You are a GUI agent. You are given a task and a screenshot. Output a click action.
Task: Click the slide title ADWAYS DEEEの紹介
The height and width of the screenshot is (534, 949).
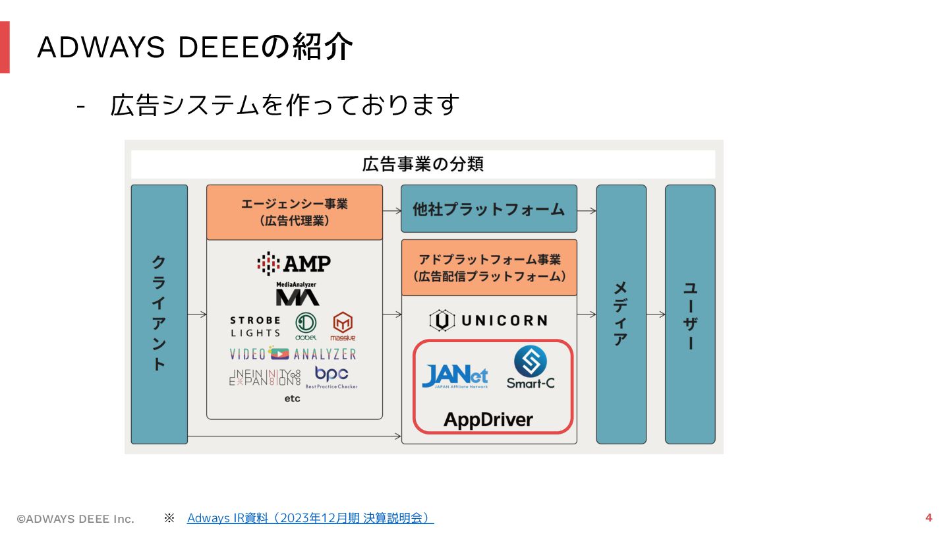click(195, 47)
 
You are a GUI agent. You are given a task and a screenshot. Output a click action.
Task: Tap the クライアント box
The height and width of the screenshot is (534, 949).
click(159, 314)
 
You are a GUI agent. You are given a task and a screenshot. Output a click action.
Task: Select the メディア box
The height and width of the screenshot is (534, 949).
click(621, 314)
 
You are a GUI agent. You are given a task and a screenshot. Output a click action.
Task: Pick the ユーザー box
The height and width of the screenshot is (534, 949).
click(689, 314)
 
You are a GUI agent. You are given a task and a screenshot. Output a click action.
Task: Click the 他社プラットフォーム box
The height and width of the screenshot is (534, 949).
click(488, 209)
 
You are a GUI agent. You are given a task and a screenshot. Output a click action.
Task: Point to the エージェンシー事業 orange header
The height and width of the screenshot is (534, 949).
click(294, 212)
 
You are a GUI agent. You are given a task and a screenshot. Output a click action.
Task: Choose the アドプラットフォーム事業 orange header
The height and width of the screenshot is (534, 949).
click(488, 268)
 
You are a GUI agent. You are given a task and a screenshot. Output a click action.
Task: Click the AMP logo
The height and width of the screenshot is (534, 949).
click(294, 264)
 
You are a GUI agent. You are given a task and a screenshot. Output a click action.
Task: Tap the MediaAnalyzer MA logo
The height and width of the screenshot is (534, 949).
click(297, 294)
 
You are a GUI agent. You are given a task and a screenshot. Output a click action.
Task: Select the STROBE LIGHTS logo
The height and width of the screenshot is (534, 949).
click(255, 326)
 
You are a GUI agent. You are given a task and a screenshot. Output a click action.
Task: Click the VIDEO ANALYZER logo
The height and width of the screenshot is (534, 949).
click(293, 354)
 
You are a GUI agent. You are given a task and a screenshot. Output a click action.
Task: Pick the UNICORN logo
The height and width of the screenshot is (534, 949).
click(488, 320)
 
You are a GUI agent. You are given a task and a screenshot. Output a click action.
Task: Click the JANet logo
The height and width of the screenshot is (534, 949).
click(455, 376)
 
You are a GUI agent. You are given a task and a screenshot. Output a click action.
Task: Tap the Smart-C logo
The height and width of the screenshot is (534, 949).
click(531, 367)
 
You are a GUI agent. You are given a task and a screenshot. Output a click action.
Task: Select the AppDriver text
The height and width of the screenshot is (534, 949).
click(488, 419)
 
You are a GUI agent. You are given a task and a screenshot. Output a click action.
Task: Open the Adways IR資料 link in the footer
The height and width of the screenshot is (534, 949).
click(310, 518)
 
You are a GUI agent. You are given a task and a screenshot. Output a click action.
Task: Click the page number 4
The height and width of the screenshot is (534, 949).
click(929, 518)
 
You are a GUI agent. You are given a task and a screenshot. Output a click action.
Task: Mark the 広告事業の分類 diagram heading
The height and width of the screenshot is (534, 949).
click(422, 164)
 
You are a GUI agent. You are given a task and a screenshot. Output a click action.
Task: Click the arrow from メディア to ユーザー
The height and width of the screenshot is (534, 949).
click(655, 314)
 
